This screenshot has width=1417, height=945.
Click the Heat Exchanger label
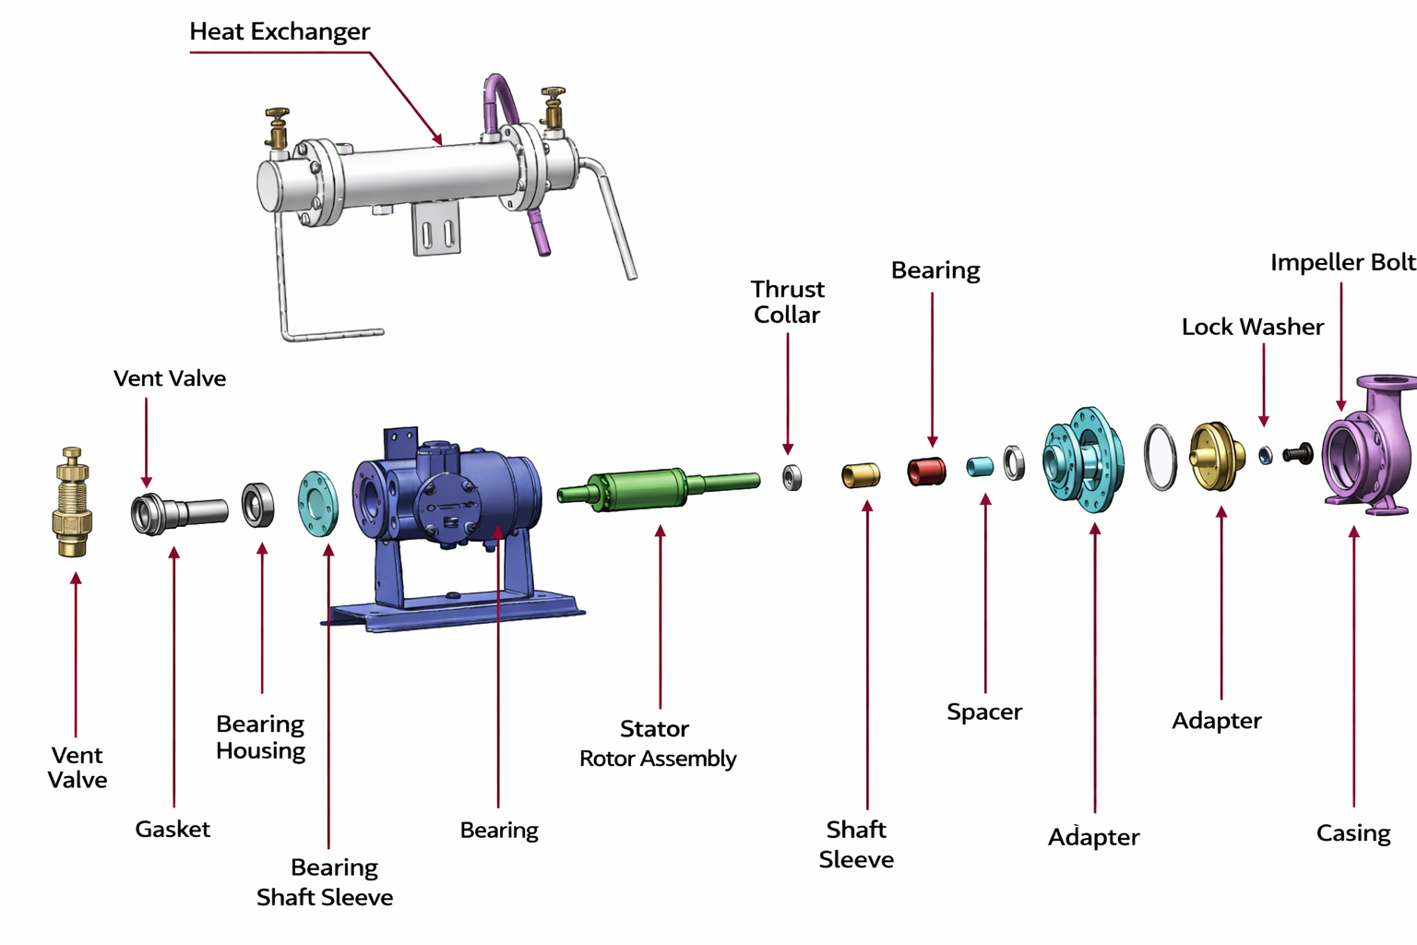pos(280,32)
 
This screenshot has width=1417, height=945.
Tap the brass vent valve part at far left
pos(71,503)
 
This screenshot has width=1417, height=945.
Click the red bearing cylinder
pos(925,472)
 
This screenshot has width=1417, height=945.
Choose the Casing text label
pos(1352,833)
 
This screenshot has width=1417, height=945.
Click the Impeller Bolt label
pos(1342,263)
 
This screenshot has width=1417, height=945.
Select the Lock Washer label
pos(1252,328)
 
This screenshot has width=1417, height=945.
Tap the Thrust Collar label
pos(787,302)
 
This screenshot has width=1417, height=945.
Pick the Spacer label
pos(984,712)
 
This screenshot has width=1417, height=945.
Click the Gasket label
pos(173,830)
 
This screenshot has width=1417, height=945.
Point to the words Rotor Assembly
pos(658,759)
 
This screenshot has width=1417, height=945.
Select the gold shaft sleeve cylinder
pos(860,475)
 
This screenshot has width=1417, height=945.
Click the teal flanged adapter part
pos(1085,459)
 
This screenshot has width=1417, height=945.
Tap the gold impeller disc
pos(1217,456)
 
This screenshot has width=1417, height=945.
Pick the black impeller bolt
pos(1299,453)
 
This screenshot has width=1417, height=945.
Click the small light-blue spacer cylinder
pos(979,467)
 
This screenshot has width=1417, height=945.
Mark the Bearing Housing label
pos(260,737)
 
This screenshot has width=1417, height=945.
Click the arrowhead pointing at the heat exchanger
pos(438,139)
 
